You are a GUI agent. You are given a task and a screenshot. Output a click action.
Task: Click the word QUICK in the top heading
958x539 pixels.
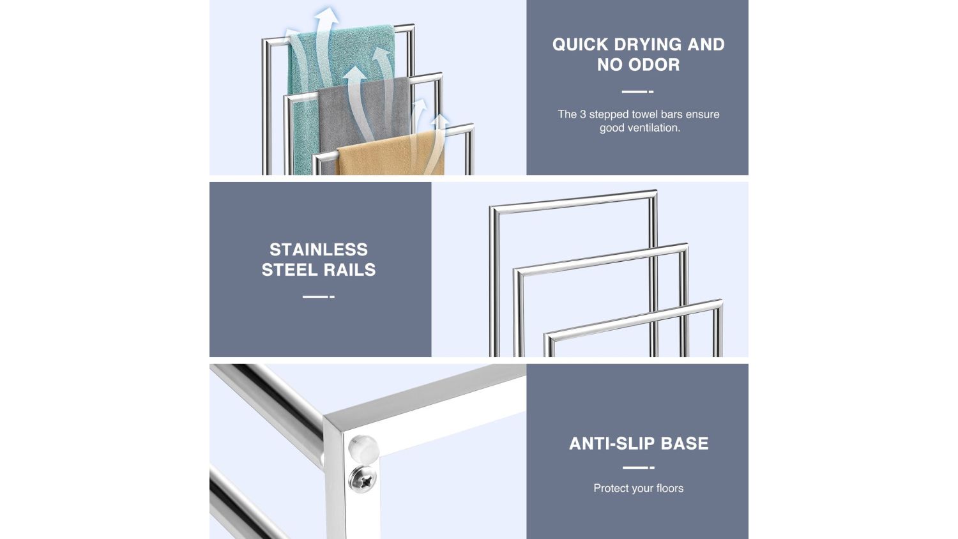[x=580, y=45]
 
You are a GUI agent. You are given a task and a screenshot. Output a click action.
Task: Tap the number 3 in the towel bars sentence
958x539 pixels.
[x=582, y=114]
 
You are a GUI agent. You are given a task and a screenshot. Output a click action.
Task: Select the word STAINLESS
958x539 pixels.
[x=319, y=250]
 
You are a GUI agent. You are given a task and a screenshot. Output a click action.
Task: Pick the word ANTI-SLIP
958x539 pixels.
[x=612, y=444]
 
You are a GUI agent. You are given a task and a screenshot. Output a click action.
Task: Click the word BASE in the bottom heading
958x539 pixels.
[x=685, y=444]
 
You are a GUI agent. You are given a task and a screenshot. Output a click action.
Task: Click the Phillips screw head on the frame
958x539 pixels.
[x=363, y=479]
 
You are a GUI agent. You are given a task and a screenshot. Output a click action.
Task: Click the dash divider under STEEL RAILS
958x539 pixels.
[x=319, y=296]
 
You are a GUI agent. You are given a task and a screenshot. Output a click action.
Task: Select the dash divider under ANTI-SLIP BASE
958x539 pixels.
[x=639, y=467]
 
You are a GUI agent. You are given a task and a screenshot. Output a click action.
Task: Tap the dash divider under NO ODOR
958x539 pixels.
[x=637, y=91]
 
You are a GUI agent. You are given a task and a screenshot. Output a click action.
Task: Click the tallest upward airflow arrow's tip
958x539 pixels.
[x=327, y=7]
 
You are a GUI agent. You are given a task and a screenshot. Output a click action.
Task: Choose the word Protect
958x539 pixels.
[x=610, y=488]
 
